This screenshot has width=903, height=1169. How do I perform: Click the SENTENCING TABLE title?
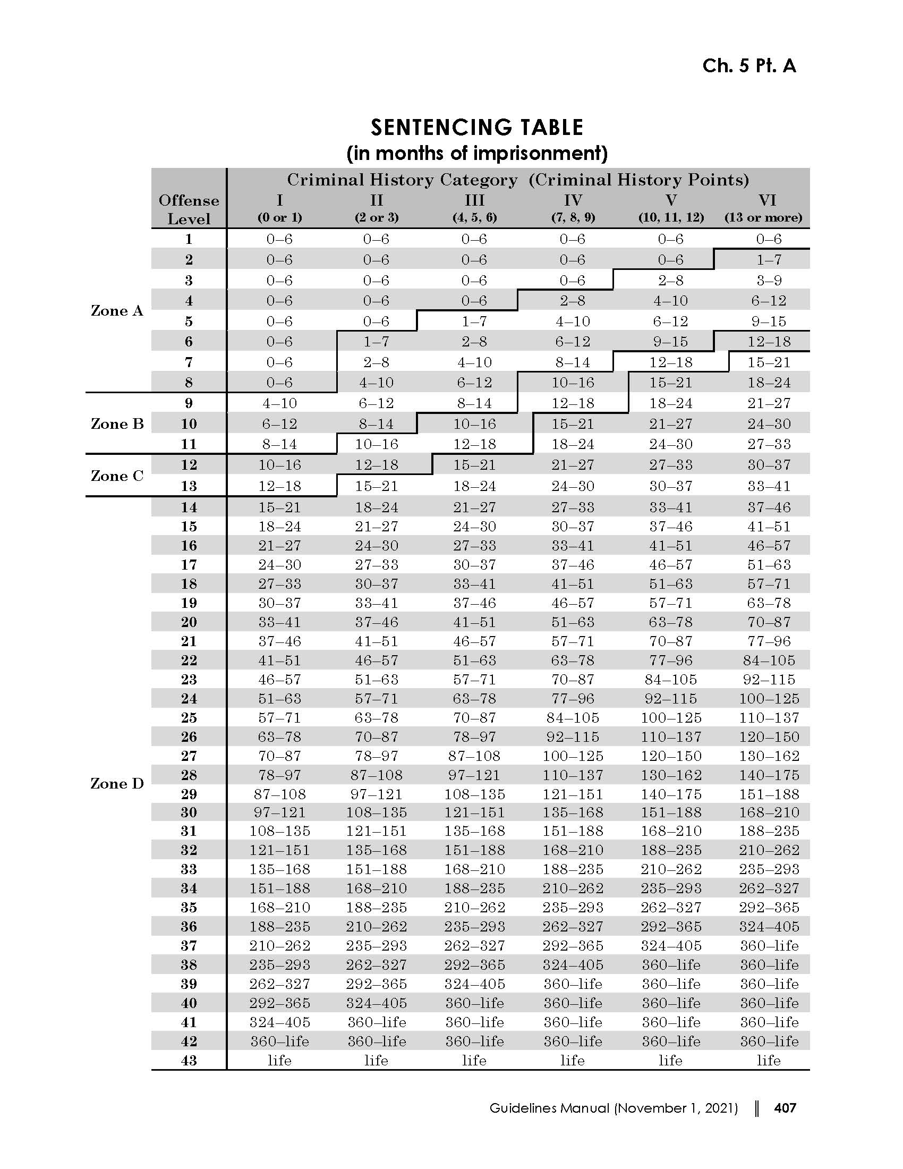pos(476,128)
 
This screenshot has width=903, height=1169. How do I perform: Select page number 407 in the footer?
pos(785,1108)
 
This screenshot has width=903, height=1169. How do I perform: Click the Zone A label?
pos(117,311)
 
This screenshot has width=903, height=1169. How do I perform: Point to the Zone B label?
pos(117,424)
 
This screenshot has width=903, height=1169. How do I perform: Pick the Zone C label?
pos(117,476)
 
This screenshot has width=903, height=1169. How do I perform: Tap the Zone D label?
pos(117,784)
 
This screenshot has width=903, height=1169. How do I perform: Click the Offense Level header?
pos(189,209)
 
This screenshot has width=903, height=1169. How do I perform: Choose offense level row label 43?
pos(189,1061)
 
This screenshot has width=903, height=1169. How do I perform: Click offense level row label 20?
pos(189,623)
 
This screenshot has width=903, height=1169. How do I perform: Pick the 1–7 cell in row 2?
pos(769,260)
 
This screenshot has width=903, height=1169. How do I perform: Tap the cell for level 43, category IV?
pos(573,1061)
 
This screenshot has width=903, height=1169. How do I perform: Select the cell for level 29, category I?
pos(280,794)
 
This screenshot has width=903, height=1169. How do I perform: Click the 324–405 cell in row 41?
pos(280,1022)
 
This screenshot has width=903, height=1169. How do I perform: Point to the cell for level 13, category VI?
pos(769,487)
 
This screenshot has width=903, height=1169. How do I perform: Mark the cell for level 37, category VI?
pos(769,946)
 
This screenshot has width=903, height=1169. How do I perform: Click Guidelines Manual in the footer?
pos(549,1108)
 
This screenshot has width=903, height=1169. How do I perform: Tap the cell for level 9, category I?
pos(280,404)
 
